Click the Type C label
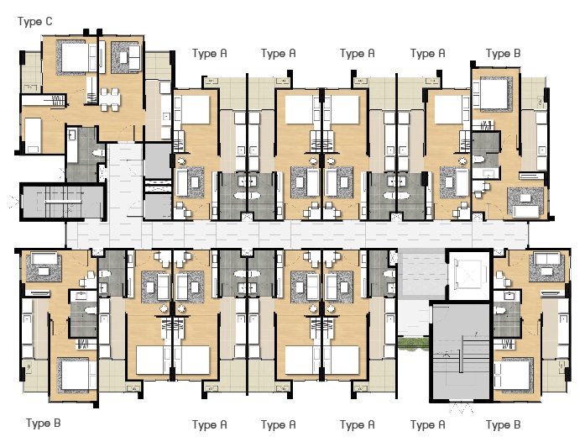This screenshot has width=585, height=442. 34,22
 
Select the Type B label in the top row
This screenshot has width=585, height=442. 503,54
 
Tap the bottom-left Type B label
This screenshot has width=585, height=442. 44,423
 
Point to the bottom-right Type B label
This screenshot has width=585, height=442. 503,424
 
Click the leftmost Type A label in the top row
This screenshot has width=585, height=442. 209,54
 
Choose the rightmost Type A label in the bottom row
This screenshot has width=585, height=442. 427,424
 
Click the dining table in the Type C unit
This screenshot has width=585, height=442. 110,99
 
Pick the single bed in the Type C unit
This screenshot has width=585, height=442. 33,135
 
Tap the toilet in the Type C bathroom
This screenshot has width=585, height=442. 99,153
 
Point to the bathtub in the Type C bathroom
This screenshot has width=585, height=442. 72,145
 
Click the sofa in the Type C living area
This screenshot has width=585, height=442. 131,57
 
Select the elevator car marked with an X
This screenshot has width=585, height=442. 468,276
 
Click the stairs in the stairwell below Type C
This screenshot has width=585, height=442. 63,202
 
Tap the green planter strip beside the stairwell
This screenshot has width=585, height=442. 414,343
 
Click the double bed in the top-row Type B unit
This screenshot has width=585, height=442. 494,93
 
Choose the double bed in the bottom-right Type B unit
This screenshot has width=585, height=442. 512,376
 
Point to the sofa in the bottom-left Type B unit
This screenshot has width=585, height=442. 44,259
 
